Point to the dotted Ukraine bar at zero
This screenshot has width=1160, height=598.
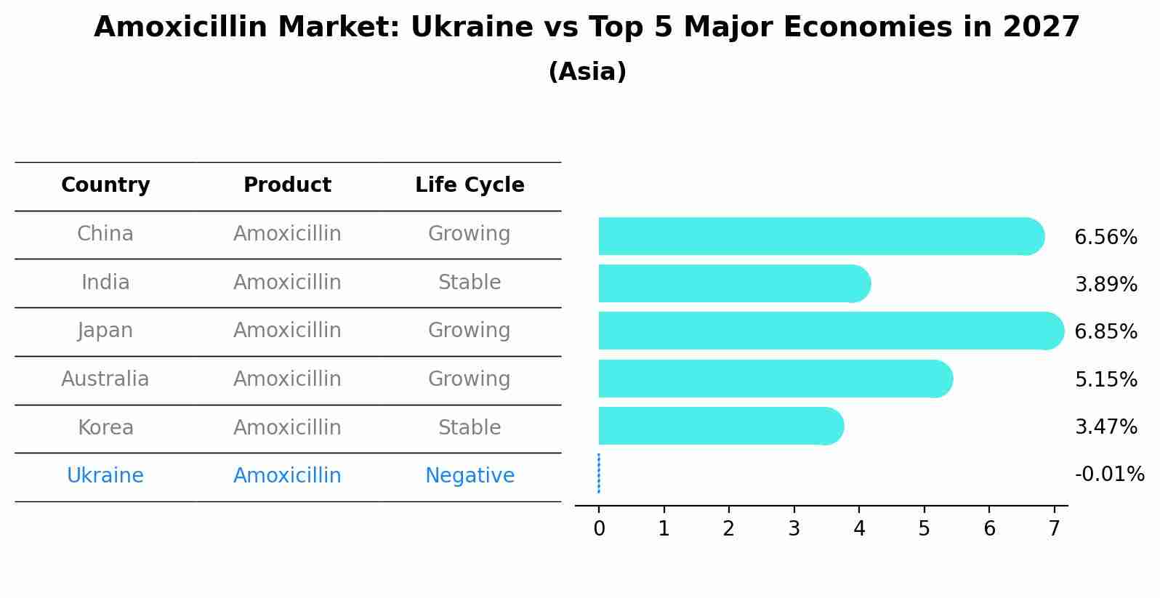599,474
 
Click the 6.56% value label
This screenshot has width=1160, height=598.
1105,238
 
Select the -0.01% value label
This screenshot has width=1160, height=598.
1109,474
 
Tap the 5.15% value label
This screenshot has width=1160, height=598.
1105,379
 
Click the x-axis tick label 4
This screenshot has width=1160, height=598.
859,529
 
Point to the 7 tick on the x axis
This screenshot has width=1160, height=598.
1055,529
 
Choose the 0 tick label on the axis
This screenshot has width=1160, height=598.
599,529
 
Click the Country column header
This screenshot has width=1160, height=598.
105,185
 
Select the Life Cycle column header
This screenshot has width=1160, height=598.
470,185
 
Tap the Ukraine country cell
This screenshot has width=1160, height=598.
105,476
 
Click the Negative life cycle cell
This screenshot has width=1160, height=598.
470,476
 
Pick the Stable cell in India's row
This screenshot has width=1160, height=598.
470,283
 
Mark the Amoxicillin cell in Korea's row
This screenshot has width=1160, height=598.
287,428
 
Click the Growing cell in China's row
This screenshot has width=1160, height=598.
470,234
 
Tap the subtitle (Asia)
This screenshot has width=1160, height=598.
587,72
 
